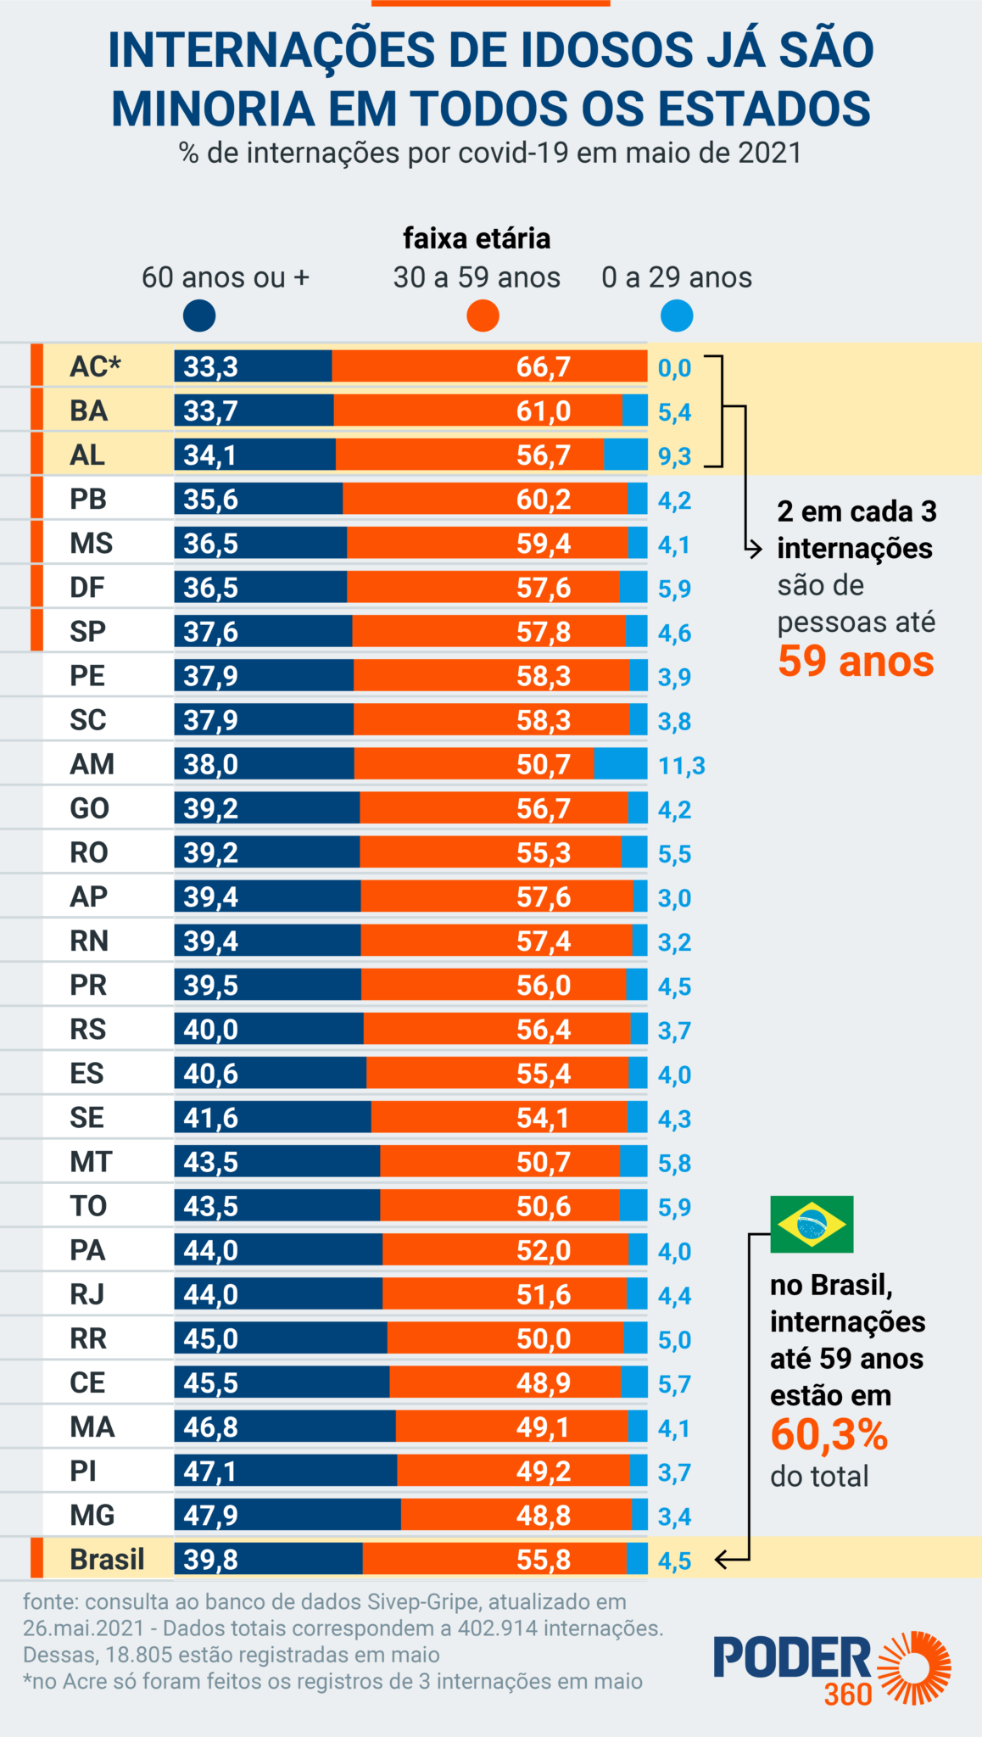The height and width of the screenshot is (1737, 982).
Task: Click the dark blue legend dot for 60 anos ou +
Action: pos(199,316)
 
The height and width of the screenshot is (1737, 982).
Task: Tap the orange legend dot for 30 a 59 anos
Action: pos(483,316)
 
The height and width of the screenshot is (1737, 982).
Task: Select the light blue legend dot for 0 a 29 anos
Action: pos(676,316)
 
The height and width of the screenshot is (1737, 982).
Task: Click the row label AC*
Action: pos(95,366)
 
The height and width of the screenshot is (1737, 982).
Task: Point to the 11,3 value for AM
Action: pos(681,766)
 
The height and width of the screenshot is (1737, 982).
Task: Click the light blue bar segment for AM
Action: pos(621,763)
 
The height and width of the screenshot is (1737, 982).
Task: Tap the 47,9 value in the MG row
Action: pos(211,1516)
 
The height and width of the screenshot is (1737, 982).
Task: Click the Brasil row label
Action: pos(107,1559)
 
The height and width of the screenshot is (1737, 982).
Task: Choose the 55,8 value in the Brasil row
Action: pos(544,1560)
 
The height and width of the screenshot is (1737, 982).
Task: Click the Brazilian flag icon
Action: pos(812,1224)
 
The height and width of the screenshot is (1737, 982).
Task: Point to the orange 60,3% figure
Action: pos(829,1435)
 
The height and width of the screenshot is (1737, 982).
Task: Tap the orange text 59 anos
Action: pos(856,662)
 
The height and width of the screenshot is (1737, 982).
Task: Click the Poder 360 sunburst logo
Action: pos(914,1667)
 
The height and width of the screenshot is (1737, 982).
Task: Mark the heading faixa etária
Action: pos(477,238)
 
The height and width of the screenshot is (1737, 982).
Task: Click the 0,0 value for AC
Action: pos(674,369)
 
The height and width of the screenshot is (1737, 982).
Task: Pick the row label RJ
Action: pos(87,1294)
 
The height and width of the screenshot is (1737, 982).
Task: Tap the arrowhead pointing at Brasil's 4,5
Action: pos(721,1559)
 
